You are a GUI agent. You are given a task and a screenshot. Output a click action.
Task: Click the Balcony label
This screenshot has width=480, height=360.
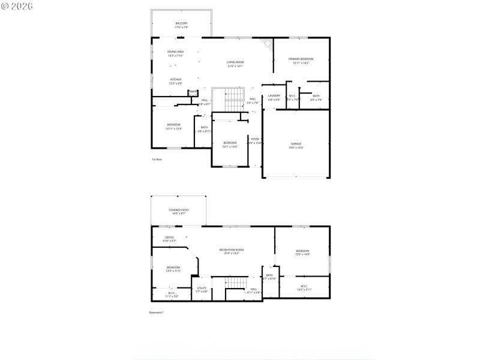181,25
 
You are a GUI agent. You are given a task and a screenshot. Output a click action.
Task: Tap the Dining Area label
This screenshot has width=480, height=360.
176,54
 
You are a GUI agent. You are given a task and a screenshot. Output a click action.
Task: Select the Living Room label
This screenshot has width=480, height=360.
235,64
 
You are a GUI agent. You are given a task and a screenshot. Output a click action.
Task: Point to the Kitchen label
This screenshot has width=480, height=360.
175,81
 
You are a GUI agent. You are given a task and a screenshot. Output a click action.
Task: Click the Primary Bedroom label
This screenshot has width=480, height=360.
301,61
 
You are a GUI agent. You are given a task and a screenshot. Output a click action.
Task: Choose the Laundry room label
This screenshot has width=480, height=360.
274,97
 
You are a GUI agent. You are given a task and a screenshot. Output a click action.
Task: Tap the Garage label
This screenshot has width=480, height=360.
296,145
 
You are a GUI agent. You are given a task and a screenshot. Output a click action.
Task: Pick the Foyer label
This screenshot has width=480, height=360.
255,140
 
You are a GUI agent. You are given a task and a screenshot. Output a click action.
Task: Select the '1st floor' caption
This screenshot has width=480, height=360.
157,160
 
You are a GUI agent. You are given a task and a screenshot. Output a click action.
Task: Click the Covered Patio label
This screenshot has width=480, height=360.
178,211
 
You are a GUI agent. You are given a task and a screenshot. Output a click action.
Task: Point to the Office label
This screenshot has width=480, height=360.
170,239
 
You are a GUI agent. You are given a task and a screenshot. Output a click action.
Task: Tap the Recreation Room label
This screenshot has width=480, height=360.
231,251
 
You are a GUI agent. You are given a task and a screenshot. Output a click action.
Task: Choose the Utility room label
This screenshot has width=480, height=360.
202,290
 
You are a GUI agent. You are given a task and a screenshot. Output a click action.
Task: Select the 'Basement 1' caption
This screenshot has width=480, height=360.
156,313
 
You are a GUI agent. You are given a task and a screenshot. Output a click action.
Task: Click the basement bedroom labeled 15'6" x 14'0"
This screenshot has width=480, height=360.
302,252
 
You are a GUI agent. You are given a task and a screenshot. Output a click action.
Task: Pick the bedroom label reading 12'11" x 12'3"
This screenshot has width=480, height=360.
173,126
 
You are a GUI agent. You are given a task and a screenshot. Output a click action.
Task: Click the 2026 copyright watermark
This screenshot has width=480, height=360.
17,6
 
